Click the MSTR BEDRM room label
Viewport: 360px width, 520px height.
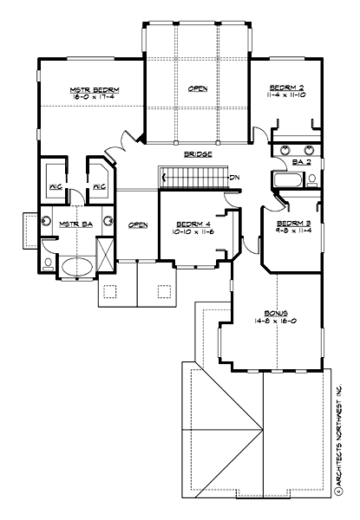point(94,89)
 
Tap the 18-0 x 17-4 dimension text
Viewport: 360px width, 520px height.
point(94,99)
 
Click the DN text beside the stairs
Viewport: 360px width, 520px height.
point(234,178)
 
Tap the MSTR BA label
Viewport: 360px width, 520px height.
point(70,224)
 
